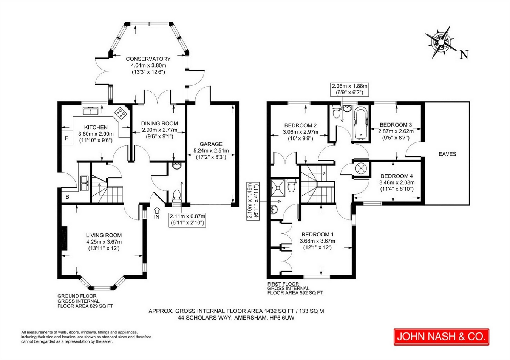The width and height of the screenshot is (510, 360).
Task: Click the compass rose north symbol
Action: (x=441, y=42)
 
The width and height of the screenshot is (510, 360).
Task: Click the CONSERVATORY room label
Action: (x=148, y=59)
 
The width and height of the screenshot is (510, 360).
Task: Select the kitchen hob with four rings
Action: (x=121, y=113)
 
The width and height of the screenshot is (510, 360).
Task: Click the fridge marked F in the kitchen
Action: (x=67, y=138)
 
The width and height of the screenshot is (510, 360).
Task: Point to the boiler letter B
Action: (x=67, y=197)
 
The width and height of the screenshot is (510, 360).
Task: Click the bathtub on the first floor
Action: (x=361, y=124)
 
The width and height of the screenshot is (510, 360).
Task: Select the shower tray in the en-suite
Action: (x=278, y=188)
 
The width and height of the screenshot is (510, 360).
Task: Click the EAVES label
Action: (x=447, y=154)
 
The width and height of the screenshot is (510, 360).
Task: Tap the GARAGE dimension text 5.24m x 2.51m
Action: (x=211, y=150)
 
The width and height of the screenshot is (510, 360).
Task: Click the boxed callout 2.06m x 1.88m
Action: (x=349, y=89)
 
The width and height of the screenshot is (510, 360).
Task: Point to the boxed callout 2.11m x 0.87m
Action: (x=187, y=219)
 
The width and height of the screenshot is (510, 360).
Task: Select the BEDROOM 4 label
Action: (x=397, y=176)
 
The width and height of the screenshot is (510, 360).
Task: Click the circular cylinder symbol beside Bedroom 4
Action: (x=361, y=169)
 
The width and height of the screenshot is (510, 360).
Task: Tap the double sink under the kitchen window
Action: (x=90, y=111)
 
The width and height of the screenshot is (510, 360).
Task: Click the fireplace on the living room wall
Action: (x=65, y=239)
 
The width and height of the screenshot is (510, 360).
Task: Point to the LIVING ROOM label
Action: (x=104, y=235)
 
